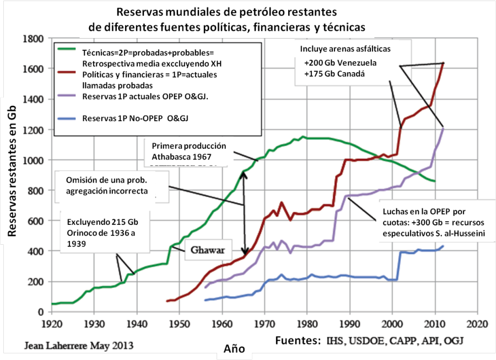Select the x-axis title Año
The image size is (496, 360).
coord(233,348)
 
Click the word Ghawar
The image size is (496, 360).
coord(208,249)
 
